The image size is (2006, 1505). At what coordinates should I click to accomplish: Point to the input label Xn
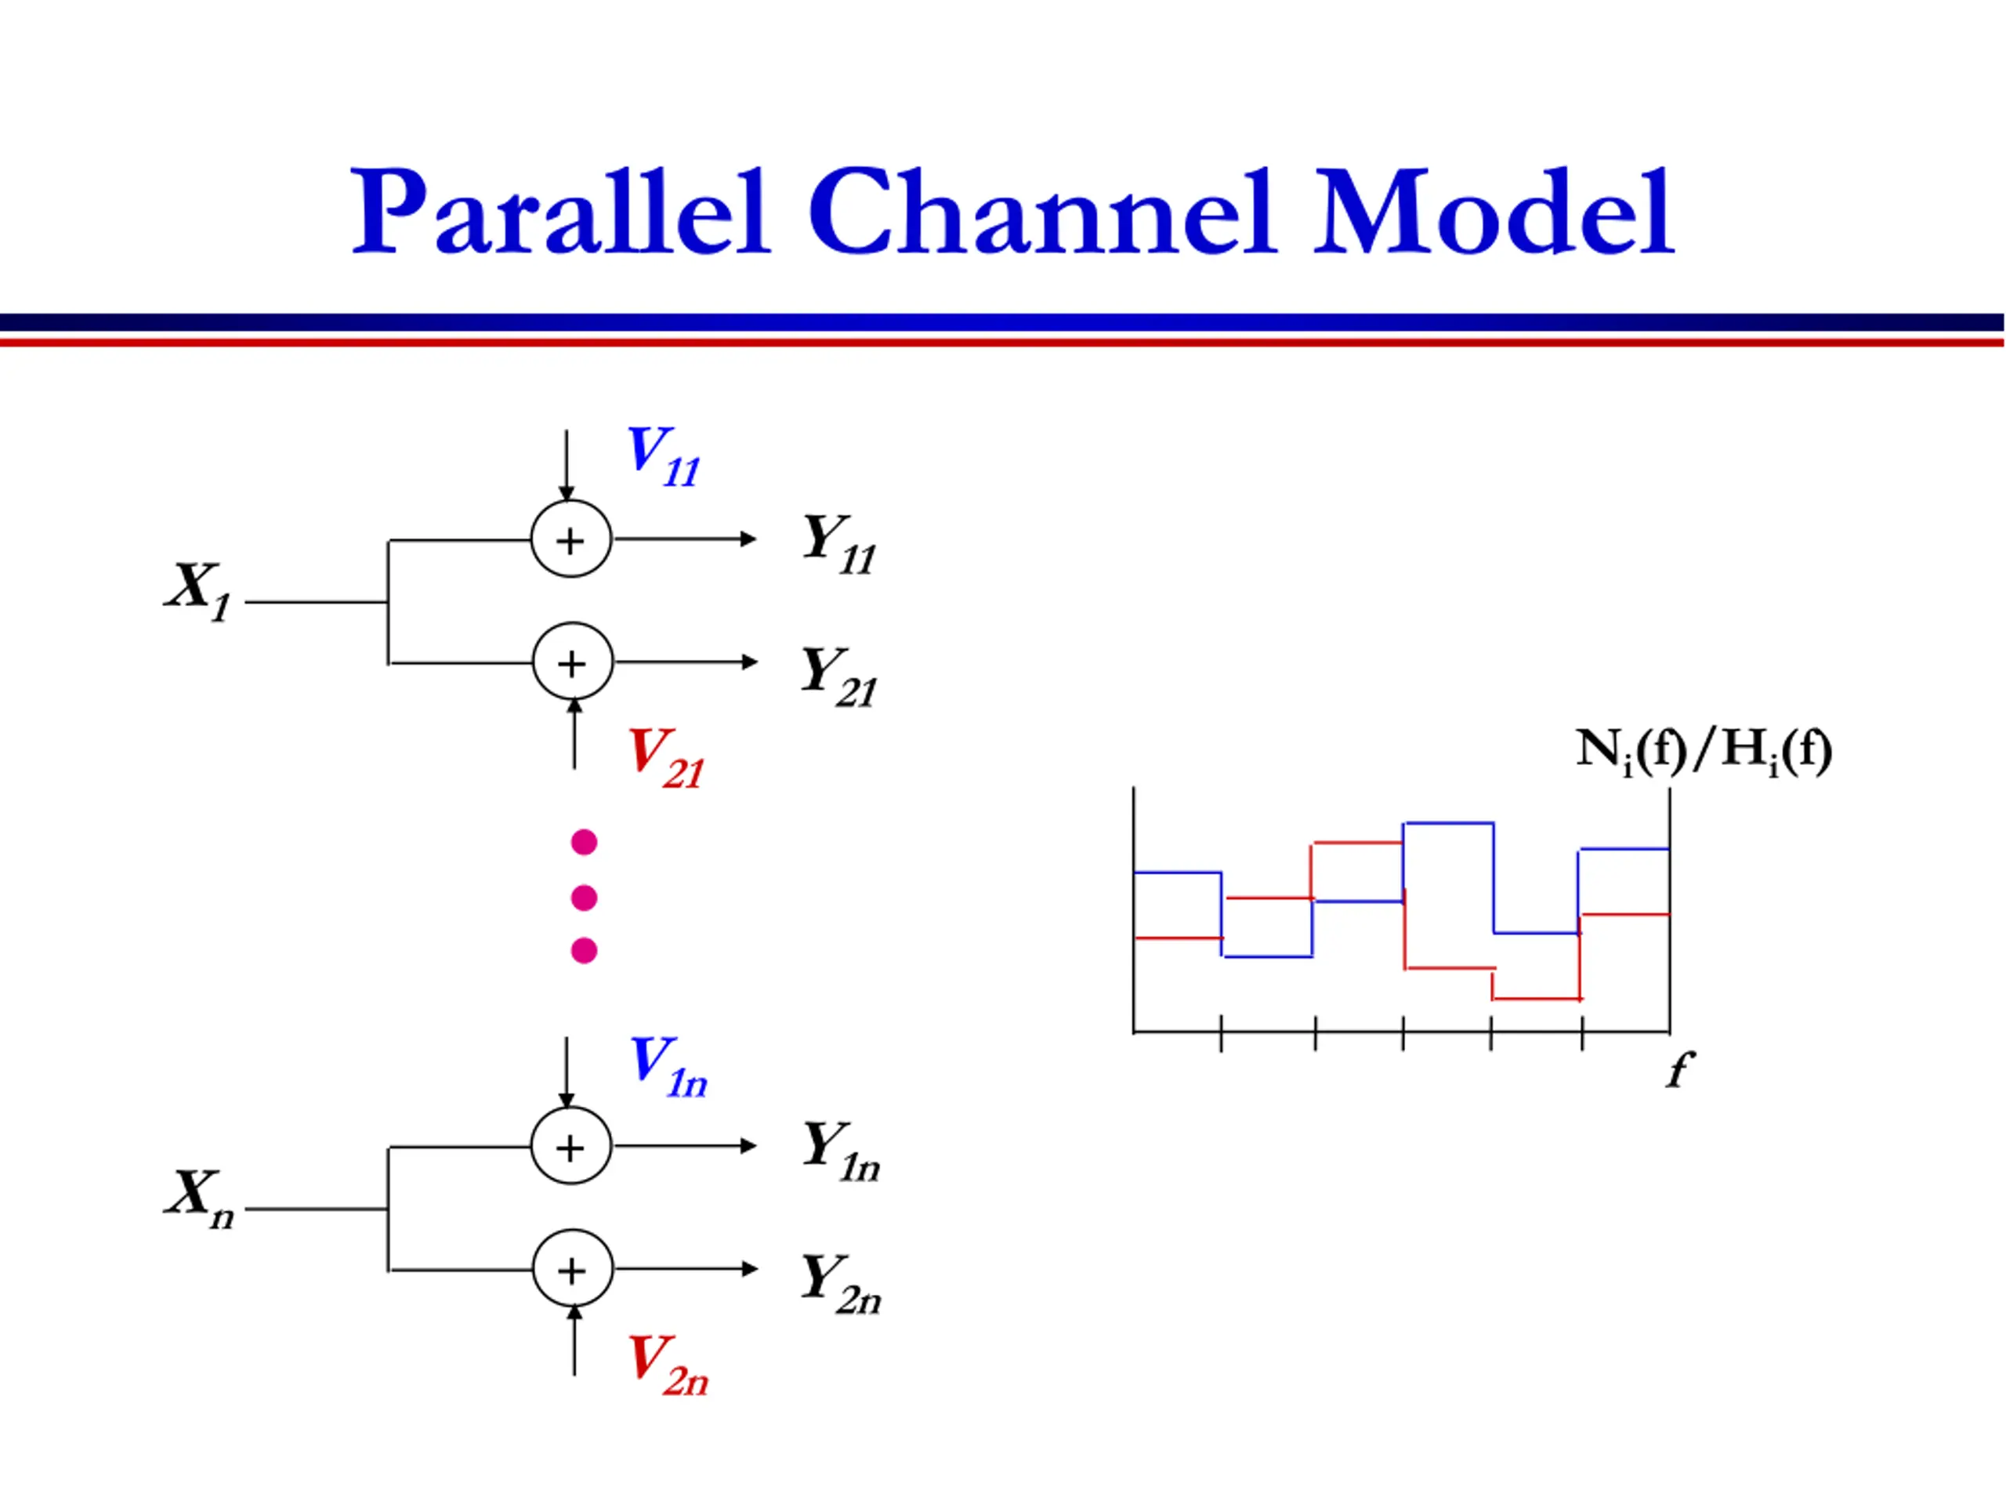tap(200, 1197)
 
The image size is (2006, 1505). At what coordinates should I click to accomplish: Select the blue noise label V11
tap(663, 455)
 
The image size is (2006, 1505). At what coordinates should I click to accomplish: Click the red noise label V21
tap(665, 757)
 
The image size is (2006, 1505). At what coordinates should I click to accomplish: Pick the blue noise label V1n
tap(668, 1066)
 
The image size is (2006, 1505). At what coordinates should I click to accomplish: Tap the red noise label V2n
tap(668, 1365)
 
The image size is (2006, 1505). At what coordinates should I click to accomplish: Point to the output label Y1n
tap(841, 1150)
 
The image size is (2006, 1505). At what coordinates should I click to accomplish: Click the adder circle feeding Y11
tap(571, 539)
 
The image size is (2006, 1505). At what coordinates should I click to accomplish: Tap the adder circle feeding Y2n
tap(573, 1269)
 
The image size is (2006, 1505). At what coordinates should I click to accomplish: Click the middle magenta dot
tap(584, 898)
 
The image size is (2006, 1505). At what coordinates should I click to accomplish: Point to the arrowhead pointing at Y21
tap(750, 662)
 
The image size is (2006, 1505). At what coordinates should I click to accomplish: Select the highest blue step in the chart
tap(1448, 824)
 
